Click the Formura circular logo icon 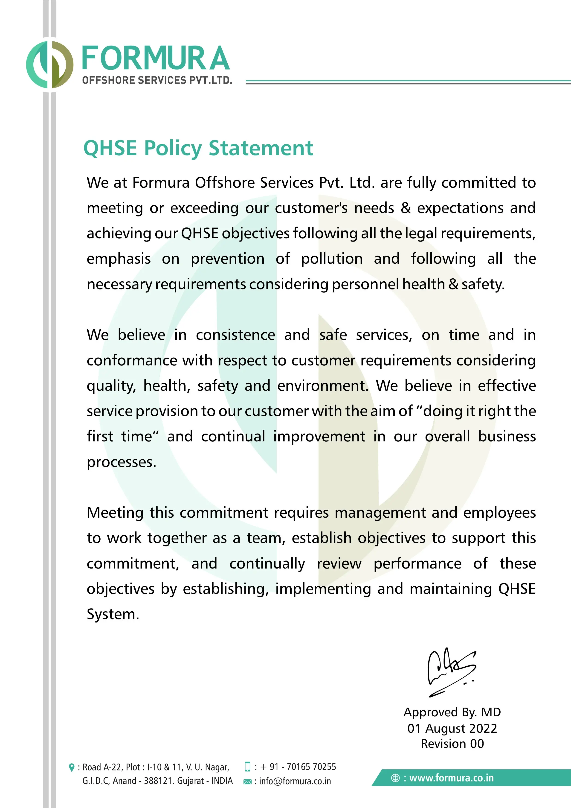(50, 64)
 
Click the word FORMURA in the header (156, 58)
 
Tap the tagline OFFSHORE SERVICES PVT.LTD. (157, 80)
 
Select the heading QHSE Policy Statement (198, 148)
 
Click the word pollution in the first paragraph (332, 259)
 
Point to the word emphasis (119, 259)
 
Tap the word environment (322, 386)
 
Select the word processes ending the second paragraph (121, 462)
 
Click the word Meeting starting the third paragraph (115, 513)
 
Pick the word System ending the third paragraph (113, 614)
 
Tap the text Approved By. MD (452, 712)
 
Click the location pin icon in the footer (72, 767)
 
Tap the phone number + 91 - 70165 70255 (298, 767)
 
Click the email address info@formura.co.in (295, 781)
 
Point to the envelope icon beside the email (247, 782)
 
